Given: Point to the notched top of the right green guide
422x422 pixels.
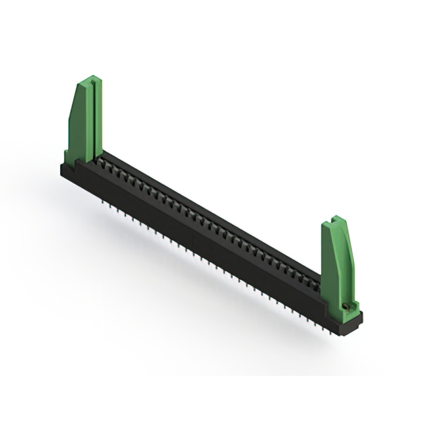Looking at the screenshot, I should (336, 220).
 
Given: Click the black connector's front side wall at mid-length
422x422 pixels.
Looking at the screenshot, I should (198, 244).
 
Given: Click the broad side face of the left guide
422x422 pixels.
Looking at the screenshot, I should (80, 129).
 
